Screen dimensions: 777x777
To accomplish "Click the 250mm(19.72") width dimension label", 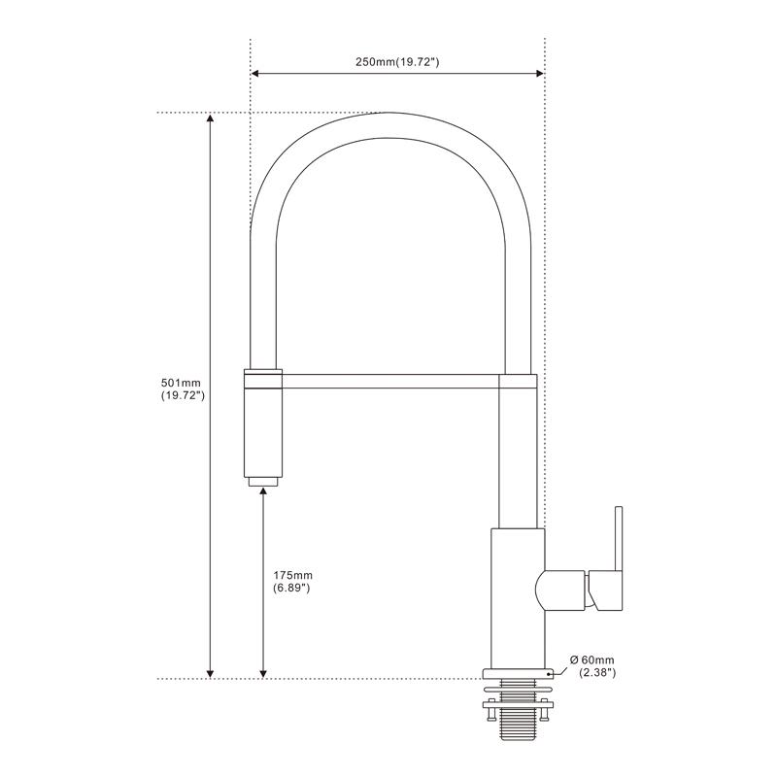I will [398, 62].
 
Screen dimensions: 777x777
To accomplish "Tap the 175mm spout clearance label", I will [292, 575].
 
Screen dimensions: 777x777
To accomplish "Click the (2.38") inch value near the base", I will [596, 672].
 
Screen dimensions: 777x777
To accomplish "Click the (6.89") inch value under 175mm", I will [292, 589].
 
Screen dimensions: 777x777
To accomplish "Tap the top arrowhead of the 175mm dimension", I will [263, 494].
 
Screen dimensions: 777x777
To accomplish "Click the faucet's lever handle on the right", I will [614, 558].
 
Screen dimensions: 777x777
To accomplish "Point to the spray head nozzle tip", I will [263, 480].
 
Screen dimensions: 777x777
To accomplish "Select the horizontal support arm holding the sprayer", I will [388, 380].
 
